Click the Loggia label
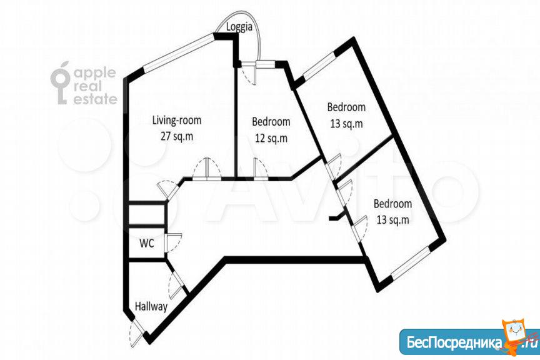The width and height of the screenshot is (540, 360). point(239,27)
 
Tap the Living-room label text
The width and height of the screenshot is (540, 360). point(177,121)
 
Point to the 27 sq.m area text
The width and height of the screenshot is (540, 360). point(177,136)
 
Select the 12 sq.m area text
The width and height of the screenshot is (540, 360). point(271,138)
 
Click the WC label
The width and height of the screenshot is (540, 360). point(147,244)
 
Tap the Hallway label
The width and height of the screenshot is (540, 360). point(151,307)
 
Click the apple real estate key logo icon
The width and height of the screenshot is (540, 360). point(61,83)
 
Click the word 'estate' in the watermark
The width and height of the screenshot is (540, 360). point(96,99)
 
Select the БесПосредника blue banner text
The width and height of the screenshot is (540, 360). point(454,342)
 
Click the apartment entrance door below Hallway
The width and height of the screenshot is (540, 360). point(137,331)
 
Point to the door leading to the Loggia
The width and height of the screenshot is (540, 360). point(249,72)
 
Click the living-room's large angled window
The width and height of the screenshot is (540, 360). point(179,52)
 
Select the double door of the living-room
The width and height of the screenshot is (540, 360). point(206,169)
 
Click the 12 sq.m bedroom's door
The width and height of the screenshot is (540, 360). point(261,169)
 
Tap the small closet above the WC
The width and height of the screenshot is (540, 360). point(146,214)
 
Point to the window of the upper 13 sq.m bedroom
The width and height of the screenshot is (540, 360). point(319,66)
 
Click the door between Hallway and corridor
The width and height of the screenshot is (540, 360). point(177,285)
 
